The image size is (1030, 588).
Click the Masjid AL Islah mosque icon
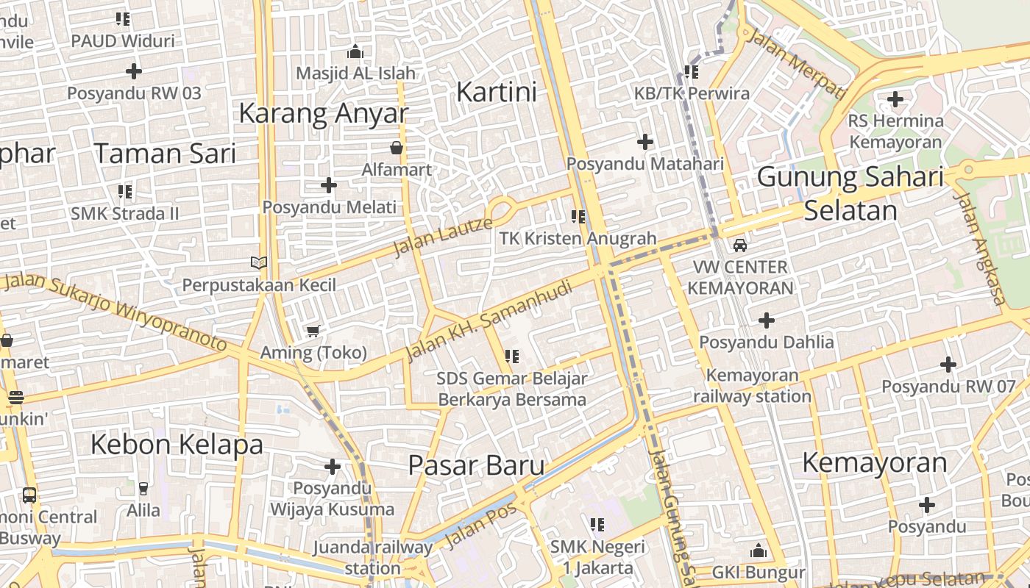[x=355, y=51]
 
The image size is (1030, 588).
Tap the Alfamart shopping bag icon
[x=397, y=148]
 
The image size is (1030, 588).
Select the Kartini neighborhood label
[x=497, y=92]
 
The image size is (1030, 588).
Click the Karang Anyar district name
[x=323, y=113]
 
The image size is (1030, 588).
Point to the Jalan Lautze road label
[x=442, y=236]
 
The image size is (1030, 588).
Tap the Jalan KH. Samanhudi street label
[x=489, y=320]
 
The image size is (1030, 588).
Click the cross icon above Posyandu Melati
[x=329, y=184]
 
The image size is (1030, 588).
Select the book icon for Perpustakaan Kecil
[x=258, y=262]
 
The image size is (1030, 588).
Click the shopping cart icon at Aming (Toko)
[x=313, y=331]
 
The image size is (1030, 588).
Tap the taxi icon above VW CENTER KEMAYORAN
[x=740, y=245]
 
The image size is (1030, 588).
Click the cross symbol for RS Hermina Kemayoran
[x=895, y=98]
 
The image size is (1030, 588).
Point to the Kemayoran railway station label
[x=752, y=386]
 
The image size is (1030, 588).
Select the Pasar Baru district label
[x=476, y=465]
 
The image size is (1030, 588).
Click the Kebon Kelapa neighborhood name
[x=177, y=444]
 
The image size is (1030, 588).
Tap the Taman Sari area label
[x=165, y=154]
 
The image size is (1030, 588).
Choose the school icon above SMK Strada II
[x=125, y=192]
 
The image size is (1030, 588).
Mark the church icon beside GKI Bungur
[x=759, y=551]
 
